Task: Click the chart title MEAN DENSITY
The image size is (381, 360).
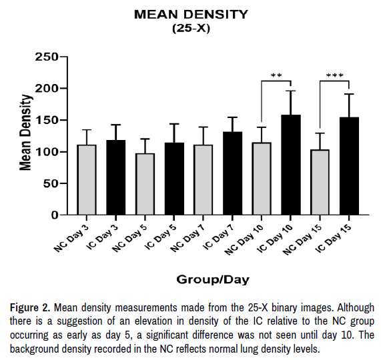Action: (x=191, y=14)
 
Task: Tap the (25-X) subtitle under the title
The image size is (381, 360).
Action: (x=191, y=29)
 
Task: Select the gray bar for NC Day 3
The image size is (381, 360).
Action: (x=87, y=179)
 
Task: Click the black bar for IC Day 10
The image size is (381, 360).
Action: (x=291, y=165)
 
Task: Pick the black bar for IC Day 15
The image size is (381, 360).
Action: (x=349, y=166)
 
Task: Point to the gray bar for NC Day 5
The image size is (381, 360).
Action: (x=145, y=184)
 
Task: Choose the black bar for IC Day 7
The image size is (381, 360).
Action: (x=232, y=173)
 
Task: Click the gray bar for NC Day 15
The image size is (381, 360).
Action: (x=320, y=182)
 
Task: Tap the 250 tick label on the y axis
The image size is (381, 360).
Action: (x=47, y=57)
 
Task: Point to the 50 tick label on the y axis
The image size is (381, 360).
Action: (x=51, y=183)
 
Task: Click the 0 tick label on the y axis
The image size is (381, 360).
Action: (x=55, y=215)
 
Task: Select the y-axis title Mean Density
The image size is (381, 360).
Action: (x=25, y=133)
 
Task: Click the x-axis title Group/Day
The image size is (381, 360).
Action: (x=213, y=279)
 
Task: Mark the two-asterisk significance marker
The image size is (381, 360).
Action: (x=276, y=75)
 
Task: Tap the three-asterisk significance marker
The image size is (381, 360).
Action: (x=334, y=75)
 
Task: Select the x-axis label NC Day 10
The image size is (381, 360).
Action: (x=244, y=239)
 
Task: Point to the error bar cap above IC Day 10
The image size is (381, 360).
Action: (x=291, y=91)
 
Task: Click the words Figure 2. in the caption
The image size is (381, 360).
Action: (x=30, y=307)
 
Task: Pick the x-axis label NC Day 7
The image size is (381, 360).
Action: (x=188, y=238)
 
